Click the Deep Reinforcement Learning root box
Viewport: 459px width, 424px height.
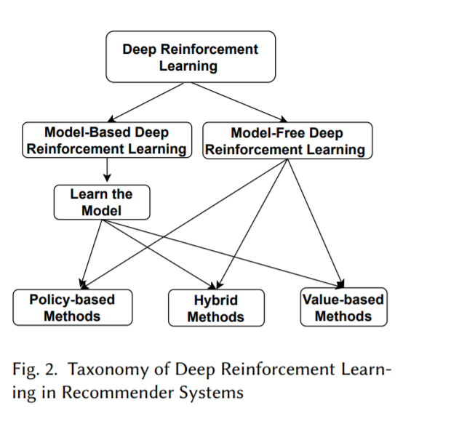tap(191, 57)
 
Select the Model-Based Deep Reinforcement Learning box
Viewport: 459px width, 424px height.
tap(107, 140)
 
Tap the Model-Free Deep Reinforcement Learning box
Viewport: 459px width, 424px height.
tap(287, 141)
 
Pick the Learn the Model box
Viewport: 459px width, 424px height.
tap(102, 202)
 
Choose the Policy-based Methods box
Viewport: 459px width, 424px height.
tap(72, 307)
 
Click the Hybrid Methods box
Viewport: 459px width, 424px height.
tap(215, 308)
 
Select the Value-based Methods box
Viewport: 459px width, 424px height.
tap(343, 307)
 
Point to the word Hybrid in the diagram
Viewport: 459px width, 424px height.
tap(215, 300)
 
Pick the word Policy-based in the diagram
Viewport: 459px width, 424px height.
tap(72, 299)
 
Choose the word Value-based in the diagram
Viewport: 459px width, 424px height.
tap(343, 299)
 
